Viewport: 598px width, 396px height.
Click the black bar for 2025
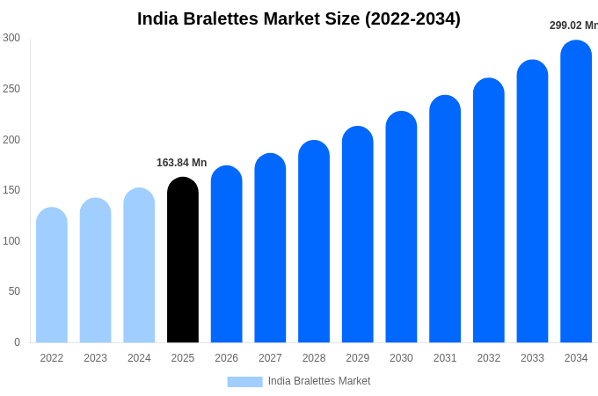183,260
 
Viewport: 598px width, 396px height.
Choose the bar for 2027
270,248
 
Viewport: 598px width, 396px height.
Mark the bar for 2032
489,211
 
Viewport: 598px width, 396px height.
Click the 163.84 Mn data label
181,163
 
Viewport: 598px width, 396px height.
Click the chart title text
299,18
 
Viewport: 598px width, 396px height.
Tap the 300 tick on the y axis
11,38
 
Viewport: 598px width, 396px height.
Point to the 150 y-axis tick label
11,190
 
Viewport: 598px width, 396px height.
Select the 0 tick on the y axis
17,342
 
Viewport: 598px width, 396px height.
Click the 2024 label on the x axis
139,358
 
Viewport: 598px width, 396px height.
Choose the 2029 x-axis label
357,358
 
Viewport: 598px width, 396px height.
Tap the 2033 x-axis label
532,358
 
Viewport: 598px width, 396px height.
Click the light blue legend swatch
244,382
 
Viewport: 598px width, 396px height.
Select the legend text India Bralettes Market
319,381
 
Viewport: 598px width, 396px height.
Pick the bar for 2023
95,271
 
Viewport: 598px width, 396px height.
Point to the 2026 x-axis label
226,358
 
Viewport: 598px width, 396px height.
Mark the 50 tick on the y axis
14,291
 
